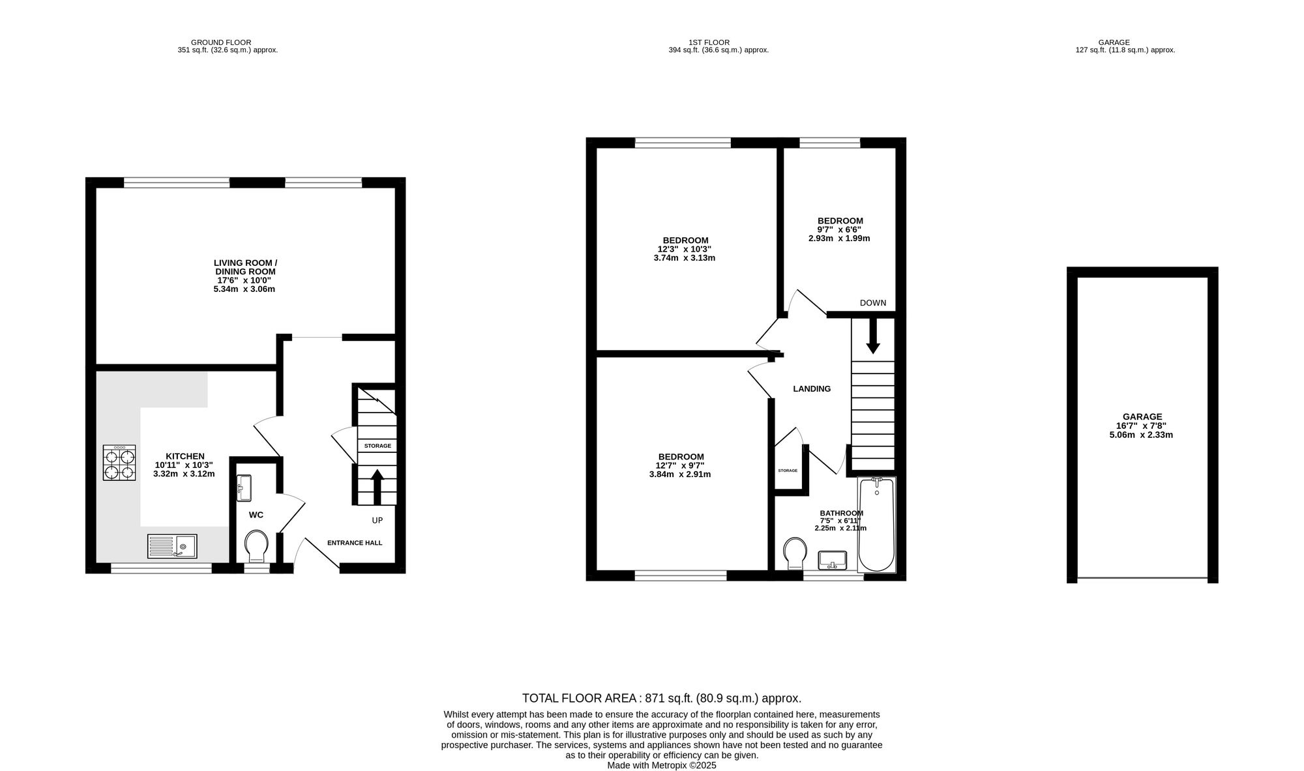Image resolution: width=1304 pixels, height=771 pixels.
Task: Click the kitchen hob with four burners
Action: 119,463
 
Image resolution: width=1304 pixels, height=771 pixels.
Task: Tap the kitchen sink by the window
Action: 172,546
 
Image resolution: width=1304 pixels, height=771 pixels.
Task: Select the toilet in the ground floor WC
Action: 256,546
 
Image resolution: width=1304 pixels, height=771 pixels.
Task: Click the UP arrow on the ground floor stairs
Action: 377,487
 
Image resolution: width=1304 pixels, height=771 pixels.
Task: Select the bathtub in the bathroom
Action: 877,525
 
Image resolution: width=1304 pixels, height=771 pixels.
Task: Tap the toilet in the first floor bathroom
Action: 795,553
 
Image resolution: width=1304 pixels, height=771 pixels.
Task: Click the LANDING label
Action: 812,389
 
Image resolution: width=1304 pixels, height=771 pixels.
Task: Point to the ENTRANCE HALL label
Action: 355,543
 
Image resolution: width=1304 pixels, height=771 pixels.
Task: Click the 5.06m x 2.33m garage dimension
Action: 1141,435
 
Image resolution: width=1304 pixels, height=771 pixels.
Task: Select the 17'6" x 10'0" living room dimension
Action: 244,280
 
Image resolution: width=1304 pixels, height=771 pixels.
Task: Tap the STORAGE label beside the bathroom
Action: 788,471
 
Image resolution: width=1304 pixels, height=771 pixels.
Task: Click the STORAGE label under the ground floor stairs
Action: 378,446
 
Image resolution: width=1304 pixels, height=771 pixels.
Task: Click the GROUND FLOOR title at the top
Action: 221,42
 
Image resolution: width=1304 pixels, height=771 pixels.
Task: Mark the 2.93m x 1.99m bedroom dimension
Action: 839,239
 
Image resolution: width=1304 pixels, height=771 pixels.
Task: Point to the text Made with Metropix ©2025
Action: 662,766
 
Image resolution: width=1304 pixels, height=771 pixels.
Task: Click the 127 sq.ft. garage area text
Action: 1125,50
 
